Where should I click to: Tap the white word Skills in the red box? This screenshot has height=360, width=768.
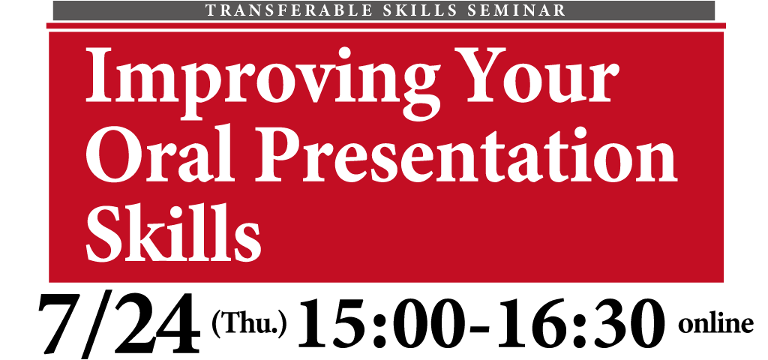[x=173, y=232]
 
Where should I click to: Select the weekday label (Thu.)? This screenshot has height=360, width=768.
[x=248, y=324]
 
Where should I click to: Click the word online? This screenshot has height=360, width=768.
[x=715, y=324]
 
